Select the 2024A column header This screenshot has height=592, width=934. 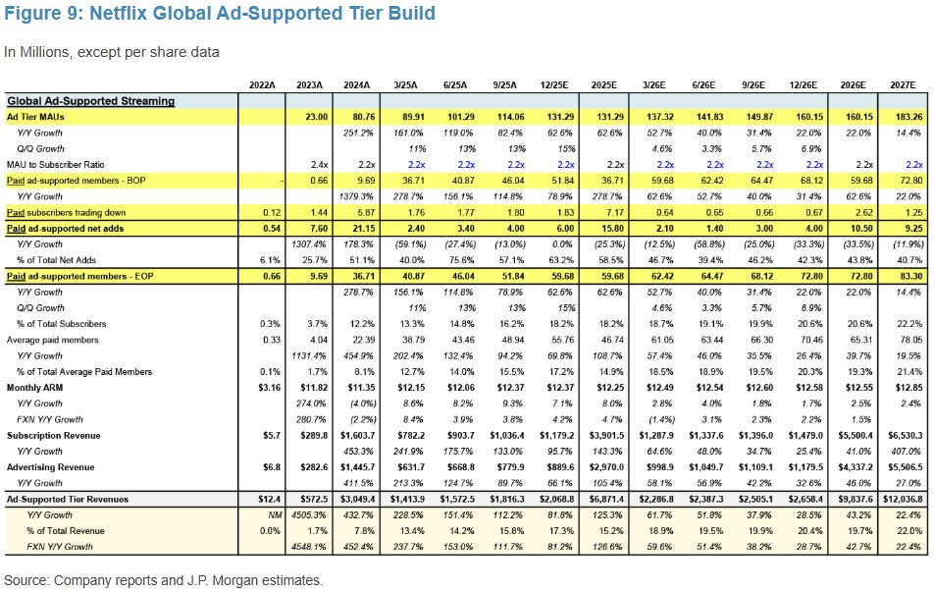(359, 85)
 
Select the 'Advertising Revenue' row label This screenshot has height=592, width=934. (51, 468)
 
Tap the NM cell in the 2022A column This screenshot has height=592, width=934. (261, 514)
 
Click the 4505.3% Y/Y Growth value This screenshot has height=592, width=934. (305, 514)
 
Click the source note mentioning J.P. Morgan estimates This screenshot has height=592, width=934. (163, 580)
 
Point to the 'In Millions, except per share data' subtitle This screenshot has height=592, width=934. (111, 52)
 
